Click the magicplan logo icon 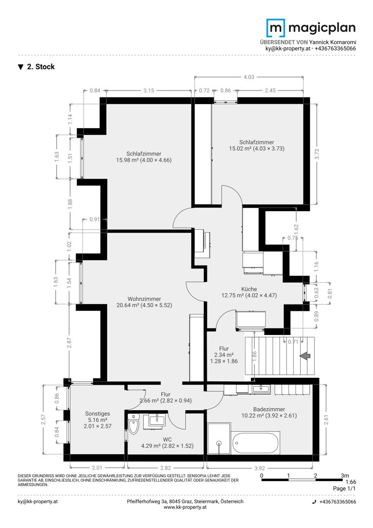click(x=276, y=28)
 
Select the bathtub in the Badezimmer click(x=256, y=443)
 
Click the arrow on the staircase click(x=305, y=355)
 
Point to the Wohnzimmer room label click(x=144, y=299)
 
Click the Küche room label click(x=249, y=289)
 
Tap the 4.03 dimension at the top click(x=249, y=77)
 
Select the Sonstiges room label click(x=98, y=414)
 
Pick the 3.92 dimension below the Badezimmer click(x=260, y=468)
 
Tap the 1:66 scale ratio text click(x=351, y=482)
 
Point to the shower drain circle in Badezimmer click(x=219, y=443)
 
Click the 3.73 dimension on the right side click(x=316, y=154)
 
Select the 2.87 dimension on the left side click(x=69, y=343)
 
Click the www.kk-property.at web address click(x=185, y=507)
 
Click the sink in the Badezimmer click(x=261, y=389)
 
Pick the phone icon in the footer click(x=314, y=502)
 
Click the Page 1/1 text click(x=344, y=488)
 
